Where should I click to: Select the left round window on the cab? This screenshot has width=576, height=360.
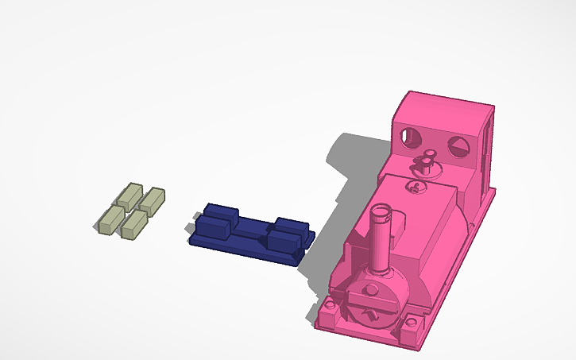412,137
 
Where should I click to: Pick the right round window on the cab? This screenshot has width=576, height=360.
458,146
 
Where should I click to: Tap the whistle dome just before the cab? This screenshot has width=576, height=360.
427,162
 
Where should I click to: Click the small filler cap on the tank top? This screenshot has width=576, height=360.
413,188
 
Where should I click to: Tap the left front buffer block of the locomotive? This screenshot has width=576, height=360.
329,305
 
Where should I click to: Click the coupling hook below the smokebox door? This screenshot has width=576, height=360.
369,317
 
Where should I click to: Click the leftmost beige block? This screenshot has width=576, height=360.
110,221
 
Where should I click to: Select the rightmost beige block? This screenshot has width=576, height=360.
153,200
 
